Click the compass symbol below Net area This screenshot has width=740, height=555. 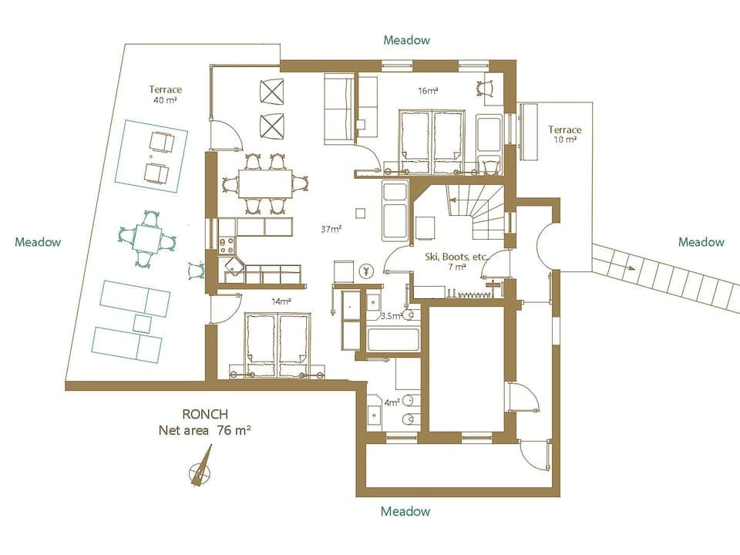click(200, 467)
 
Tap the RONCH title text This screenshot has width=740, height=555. click(205, 414)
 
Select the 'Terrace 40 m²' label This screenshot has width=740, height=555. click(166, 95)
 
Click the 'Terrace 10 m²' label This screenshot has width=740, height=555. click(565, 134)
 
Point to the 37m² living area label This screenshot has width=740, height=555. click(331, 229)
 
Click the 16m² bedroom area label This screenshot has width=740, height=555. click(428, 91)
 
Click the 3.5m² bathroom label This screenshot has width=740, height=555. click(392, 316)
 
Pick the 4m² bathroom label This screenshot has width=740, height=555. click(392, 402)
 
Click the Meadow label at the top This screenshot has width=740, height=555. click(406, 40)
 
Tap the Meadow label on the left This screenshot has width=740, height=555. click(37, 242)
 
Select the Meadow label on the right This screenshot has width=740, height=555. click(701, 242)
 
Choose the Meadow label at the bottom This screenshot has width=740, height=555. click(405, 511)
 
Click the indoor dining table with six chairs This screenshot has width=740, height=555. click(264, 183)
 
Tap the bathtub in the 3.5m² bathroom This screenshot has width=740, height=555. click(393, 339)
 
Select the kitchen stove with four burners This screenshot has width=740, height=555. click(227, 246)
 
